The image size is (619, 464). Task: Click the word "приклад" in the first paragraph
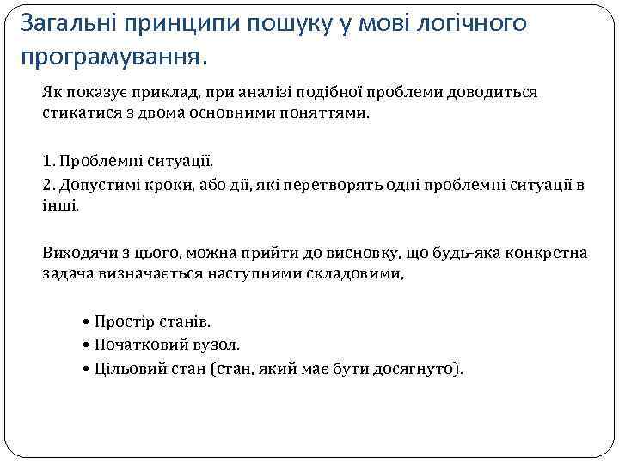tap(170, 92)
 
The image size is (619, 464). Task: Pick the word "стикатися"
tap(77, 113)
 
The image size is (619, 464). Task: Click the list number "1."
tap(48, 161)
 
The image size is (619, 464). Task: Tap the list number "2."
tap(48, 185)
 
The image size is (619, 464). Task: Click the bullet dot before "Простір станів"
tap(89, 322)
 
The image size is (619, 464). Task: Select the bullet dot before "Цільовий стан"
tap(89, 369)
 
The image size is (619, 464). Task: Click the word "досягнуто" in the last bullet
tap(415, 369)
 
